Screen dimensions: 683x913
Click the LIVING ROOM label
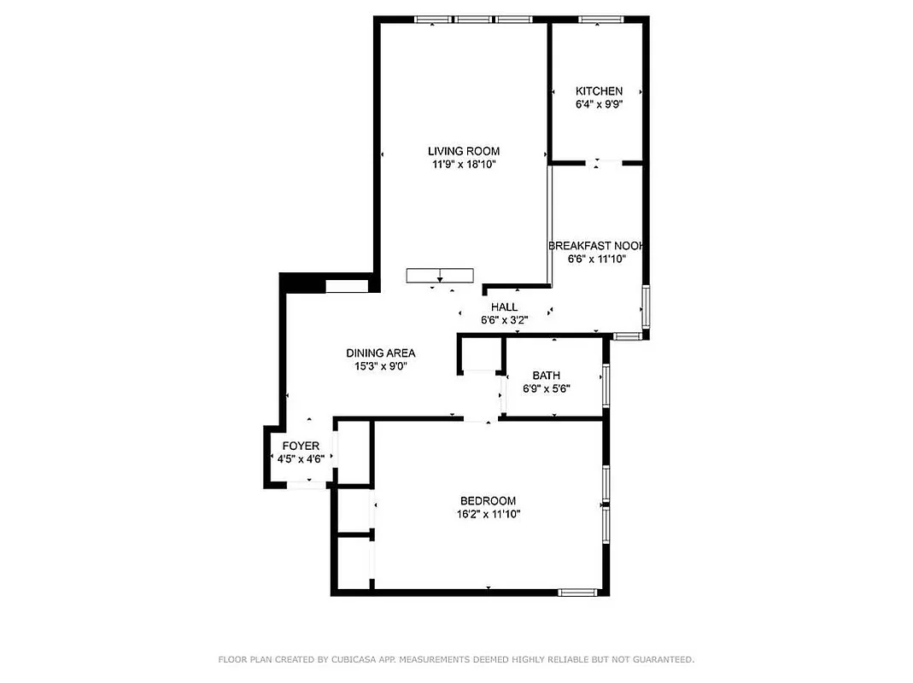coord(464,151)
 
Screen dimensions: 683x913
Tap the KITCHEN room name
coord(599,91)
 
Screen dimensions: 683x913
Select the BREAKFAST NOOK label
coord(596,245)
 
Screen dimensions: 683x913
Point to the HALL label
coord(504,307)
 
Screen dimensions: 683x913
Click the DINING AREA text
coord(380,353)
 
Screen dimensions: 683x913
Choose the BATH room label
coord(547,376)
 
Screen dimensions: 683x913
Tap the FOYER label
coord(301,446)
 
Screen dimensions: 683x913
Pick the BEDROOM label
coord(488,501)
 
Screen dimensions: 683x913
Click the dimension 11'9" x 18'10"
coord(464,165)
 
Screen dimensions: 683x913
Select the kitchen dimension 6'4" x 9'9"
coord(599,105)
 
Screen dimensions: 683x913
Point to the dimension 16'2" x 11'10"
coord(488,515)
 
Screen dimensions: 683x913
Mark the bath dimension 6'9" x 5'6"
coord(547,389)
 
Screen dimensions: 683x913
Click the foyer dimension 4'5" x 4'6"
coord(301,459)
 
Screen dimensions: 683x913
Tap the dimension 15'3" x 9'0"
coord(380,366)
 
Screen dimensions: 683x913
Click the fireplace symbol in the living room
coord(439,275)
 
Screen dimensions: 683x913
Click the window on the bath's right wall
coord(606,385)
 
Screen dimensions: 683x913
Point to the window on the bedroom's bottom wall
coord(577,591)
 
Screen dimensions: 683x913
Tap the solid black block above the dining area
coord(302,283)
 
